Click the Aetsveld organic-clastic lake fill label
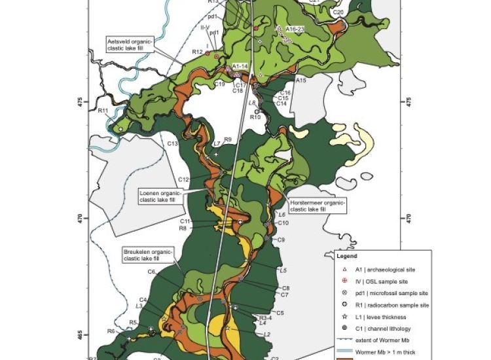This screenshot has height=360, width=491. pos(134,44)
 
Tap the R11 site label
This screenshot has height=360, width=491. pos(103,110)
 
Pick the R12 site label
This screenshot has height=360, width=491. pos(197,51)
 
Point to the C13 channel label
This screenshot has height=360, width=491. pos(173,143)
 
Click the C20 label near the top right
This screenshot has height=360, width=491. pos(338,12)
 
